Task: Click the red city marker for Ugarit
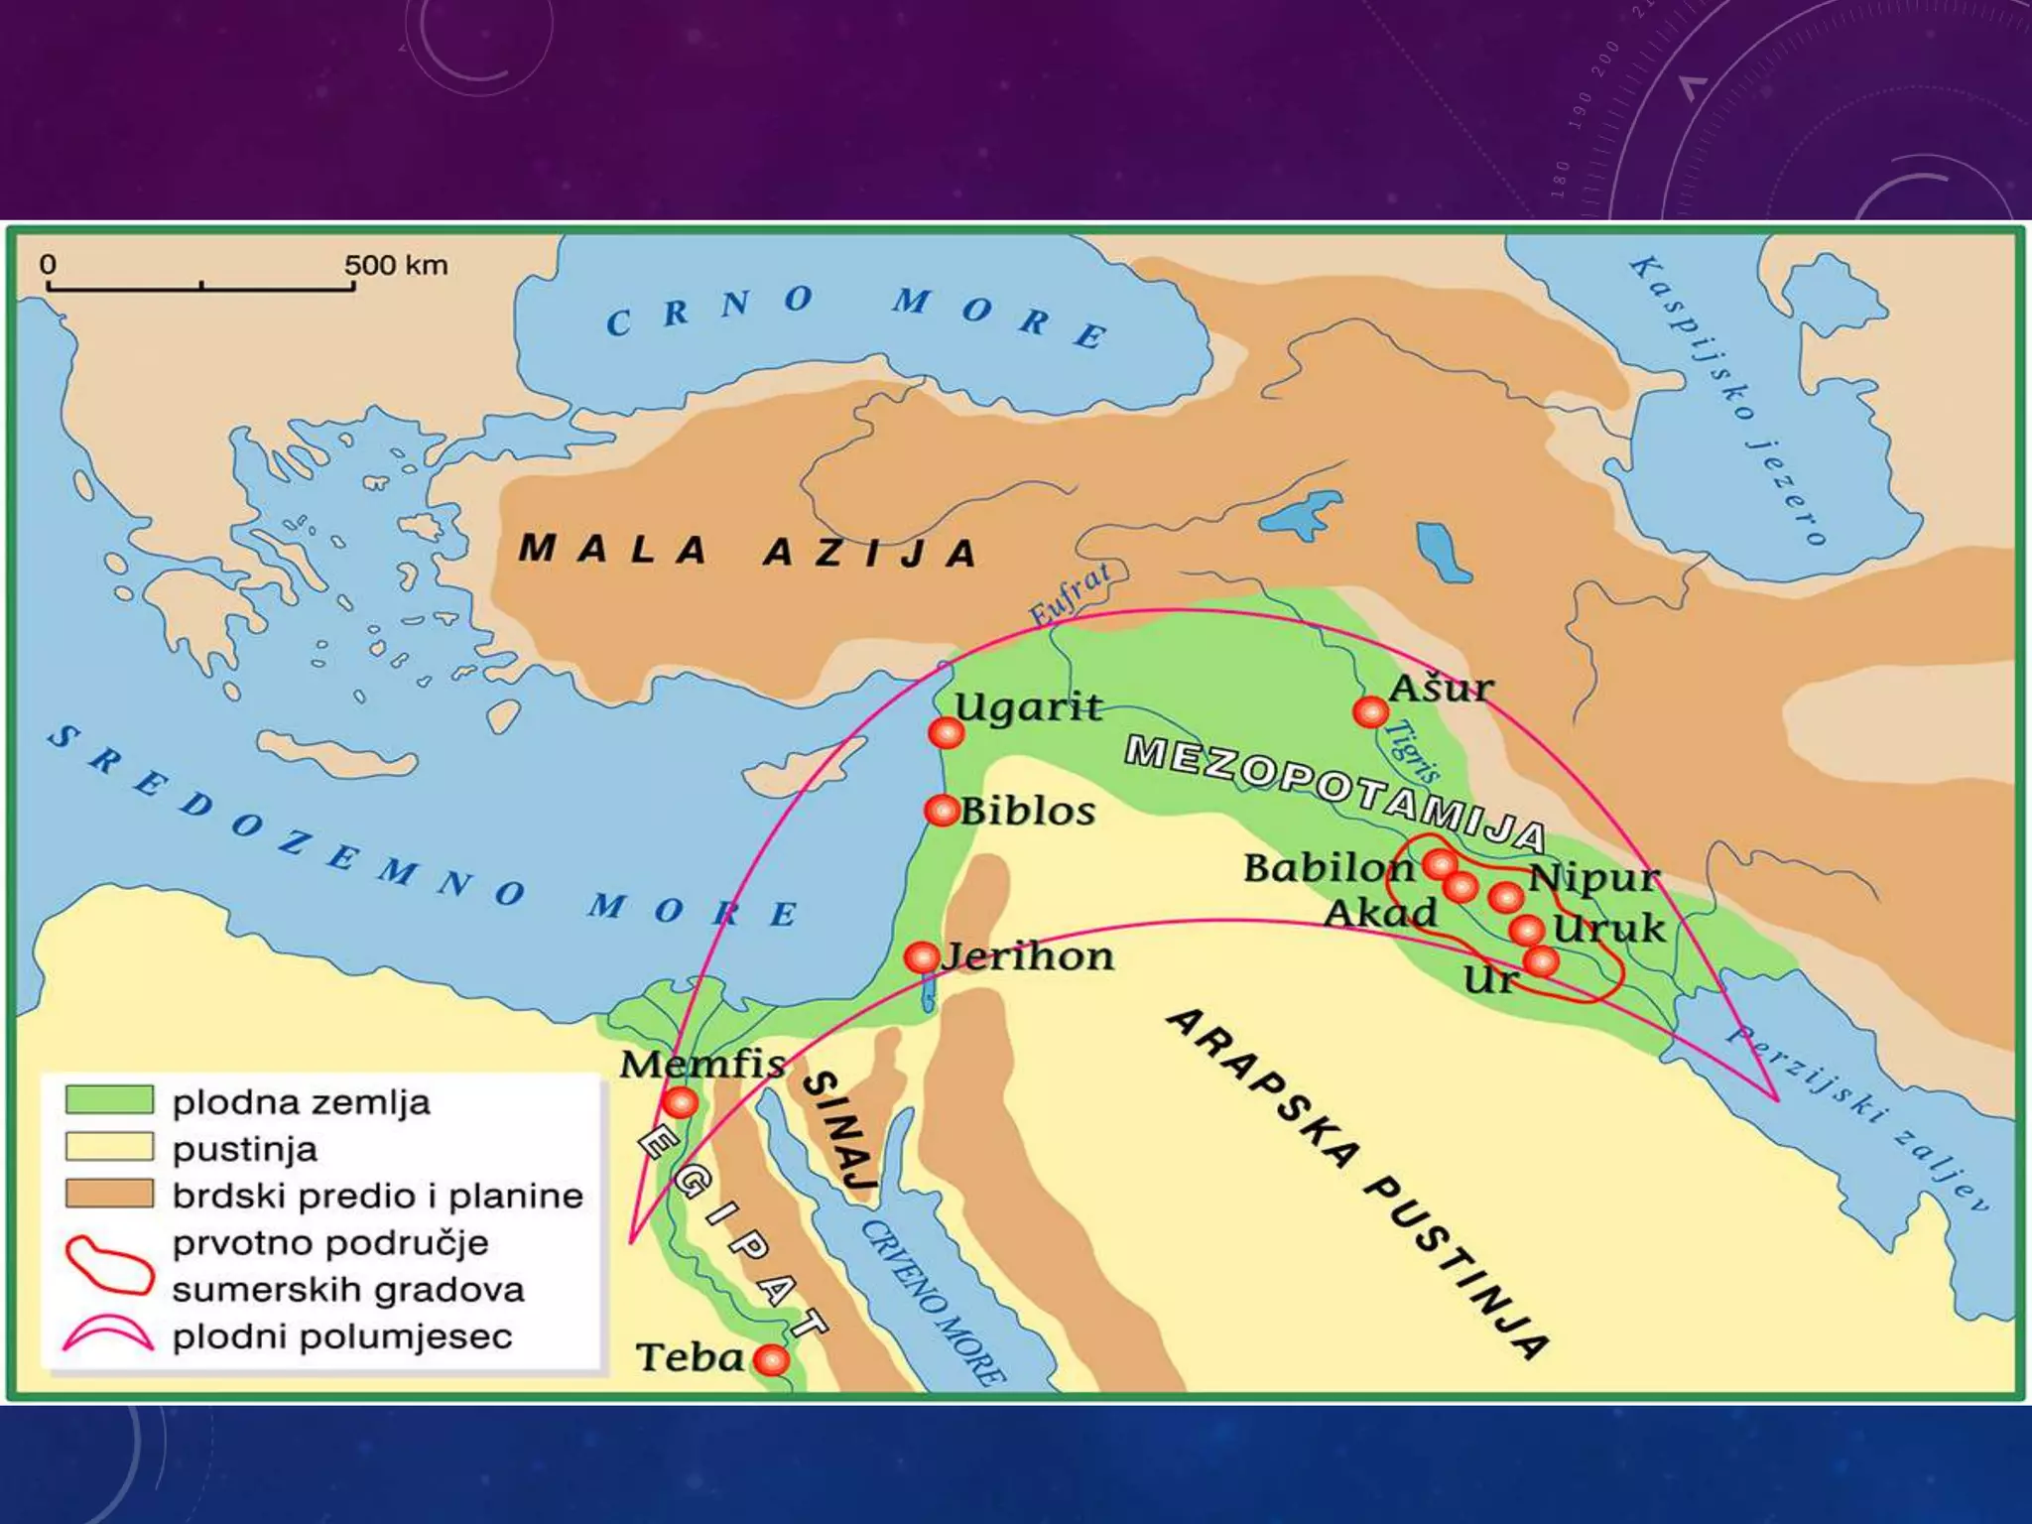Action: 946,732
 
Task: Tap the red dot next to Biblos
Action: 941,810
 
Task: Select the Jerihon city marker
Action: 921,957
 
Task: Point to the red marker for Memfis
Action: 680,1101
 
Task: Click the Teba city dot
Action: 771,1359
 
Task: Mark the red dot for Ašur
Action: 1370,711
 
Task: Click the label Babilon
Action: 1329,868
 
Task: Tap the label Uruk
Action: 1608,929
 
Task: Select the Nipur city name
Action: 1592,877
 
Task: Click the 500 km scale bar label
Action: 396,265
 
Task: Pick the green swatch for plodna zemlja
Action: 109,1099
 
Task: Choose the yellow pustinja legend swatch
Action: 109,1147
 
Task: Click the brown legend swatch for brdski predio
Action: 109,1194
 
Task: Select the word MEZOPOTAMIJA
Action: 1334,794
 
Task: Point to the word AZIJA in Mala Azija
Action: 870,553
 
